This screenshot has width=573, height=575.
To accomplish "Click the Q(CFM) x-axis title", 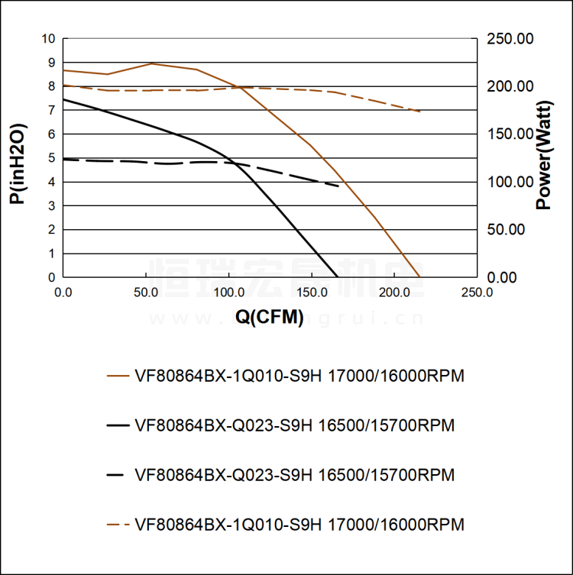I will [x=270, y=318].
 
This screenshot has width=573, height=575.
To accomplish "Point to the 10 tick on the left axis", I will [x=50, y=39].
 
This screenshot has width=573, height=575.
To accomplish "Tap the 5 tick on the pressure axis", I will [x=51, y=158].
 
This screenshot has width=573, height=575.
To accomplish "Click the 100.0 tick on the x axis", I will [x=228, y=292].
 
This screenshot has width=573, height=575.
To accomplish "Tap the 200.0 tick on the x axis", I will [x=393, y=292].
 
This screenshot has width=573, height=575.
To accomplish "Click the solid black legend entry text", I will [x=295, y=425].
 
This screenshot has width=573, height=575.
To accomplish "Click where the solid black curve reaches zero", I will [x=337, y=277].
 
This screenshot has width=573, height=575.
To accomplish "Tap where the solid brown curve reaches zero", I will [x=420, y=277].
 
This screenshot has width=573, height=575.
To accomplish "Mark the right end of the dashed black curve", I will [x=339, y=186].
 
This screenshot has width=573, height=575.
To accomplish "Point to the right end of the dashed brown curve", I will [x=420, y=111].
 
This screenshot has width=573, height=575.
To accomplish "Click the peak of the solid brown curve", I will [x=152, y=63].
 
